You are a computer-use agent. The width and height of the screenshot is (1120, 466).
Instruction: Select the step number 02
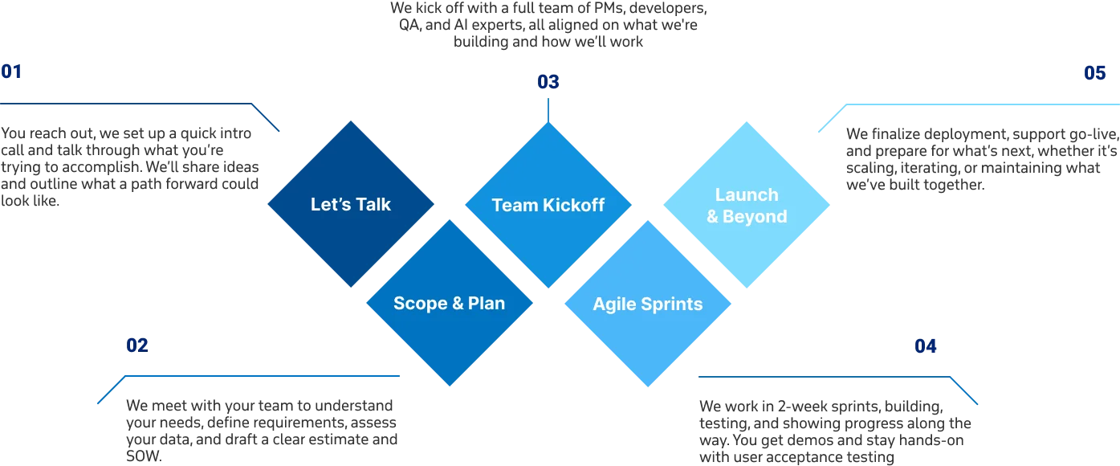(x=136, y=345)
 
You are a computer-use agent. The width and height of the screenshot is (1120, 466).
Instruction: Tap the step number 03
(x=547, y=81)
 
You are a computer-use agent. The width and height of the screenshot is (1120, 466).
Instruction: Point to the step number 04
(x=926, y=345)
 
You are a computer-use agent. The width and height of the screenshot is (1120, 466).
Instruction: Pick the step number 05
(x=1094, y=74)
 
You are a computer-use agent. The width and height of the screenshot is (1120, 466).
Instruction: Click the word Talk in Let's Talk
(x=373, y=204)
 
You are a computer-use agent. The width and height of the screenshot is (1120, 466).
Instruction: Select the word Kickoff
(x=573, y=205)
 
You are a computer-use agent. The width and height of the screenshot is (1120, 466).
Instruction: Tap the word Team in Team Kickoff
(x=514, y=205)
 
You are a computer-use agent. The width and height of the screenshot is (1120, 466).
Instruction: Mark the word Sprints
(x=674, y=305)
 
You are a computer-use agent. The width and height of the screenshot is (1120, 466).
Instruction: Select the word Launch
(x=747, y=194)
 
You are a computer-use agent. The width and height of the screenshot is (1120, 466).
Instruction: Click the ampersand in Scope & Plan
(x=458, y=303)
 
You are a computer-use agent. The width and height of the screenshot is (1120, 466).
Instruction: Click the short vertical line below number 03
(x=548, y=108)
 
